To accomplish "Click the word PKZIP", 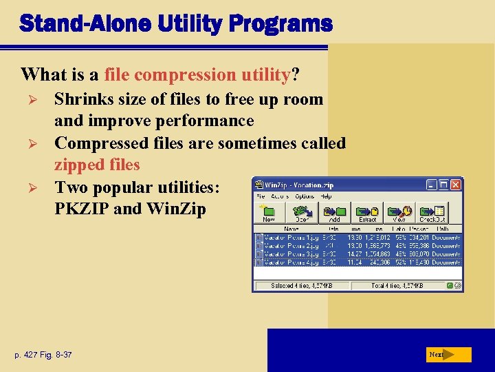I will point(82,209).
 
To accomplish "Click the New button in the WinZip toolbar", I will point(269,213).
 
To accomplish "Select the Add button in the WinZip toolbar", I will point(334,213).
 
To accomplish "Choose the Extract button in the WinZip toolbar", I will point(367,213).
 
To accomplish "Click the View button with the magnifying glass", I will point(400,213).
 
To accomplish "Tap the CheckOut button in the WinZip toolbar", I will point(432,213).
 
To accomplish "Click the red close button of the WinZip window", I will point(456,185).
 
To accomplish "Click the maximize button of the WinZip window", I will point(443,185).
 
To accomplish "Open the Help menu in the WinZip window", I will point(327,196).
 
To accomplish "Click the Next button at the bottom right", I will point(447,355).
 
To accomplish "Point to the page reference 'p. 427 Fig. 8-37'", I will point(43,355).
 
